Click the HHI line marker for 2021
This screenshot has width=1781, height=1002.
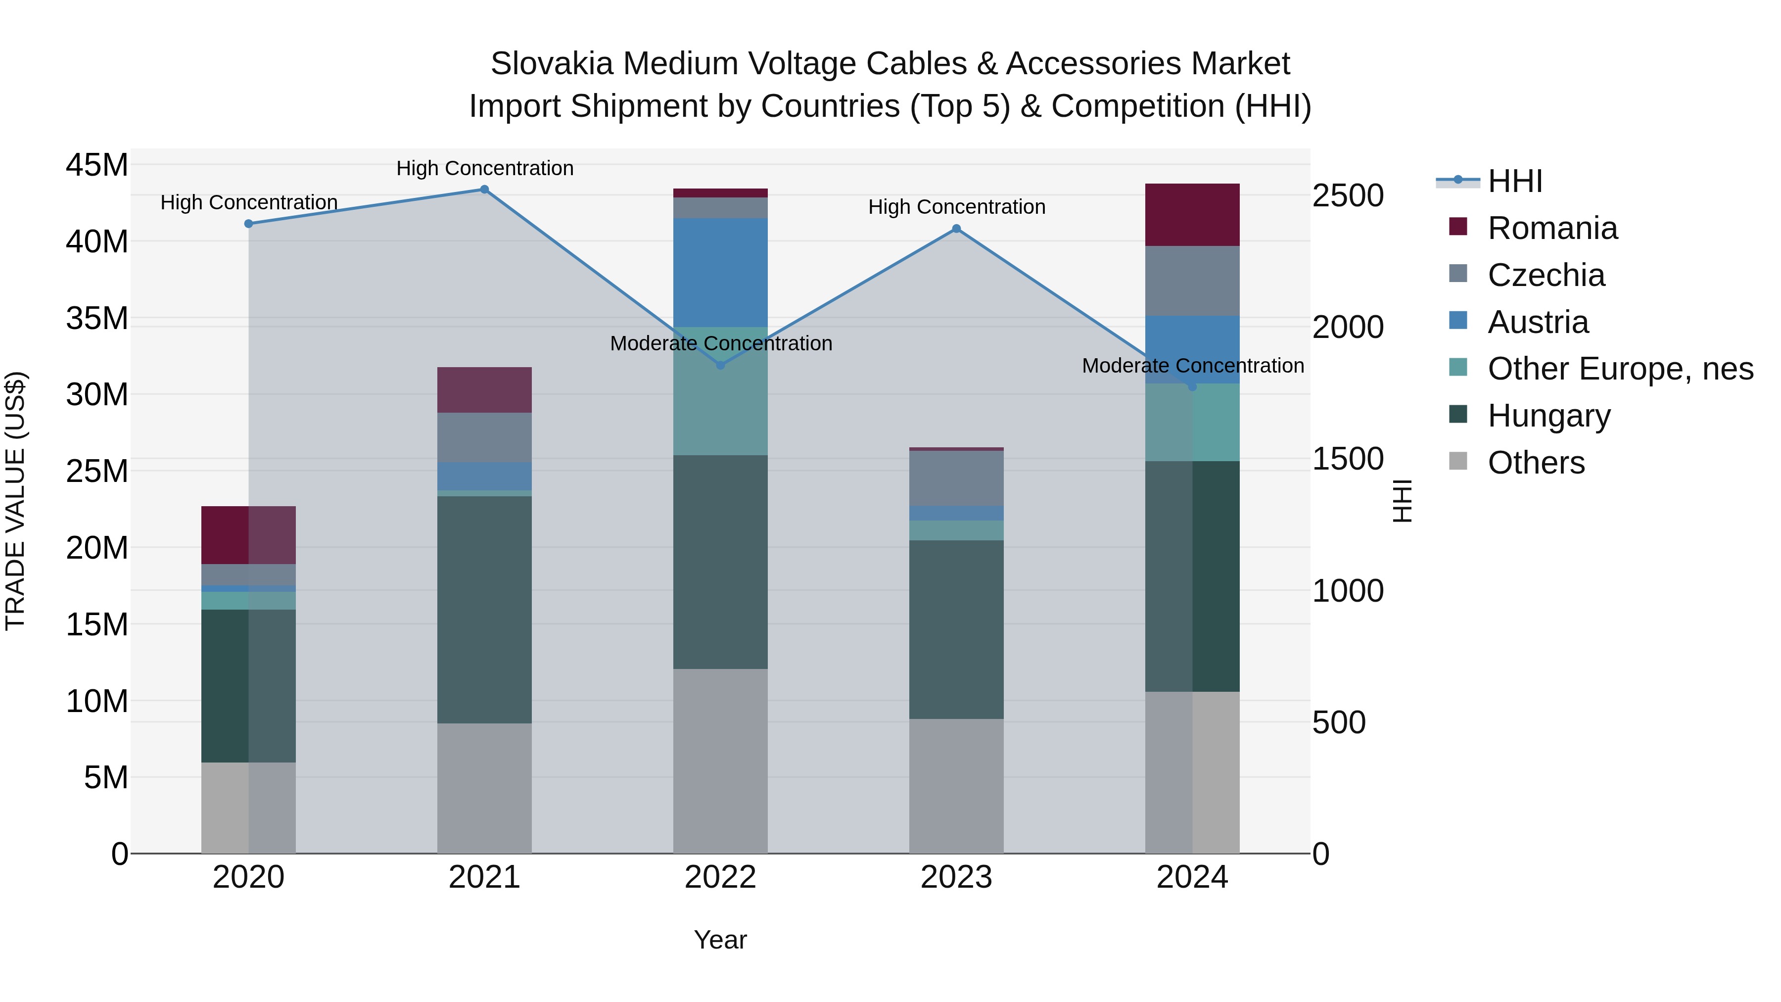(485, 190)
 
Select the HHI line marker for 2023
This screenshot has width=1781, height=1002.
(956, 229)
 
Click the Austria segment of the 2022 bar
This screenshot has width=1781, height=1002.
(720, 273)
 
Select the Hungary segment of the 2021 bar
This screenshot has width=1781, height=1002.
(485, 610)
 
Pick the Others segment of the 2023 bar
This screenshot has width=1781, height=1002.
(956, 786)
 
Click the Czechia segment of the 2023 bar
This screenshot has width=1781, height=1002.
(956, 478)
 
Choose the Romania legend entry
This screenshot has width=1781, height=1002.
(1552, 228)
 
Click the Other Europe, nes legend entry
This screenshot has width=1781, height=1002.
(1620, 369)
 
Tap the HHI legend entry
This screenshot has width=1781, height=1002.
(1514, 181)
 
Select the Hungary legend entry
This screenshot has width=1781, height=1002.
(1548, 416)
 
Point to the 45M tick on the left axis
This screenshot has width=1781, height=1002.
(97, 166)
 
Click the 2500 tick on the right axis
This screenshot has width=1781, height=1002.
(1348, 195)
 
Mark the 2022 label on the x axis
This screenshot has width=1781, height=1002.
(720, 877)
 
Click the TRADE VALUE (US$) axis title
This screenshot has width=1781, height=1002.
(16, 501)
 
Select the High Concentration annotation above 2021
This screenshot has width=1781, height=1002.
(485, 169)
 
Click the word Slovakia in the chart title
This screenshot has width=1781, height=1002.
(552, 64)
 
